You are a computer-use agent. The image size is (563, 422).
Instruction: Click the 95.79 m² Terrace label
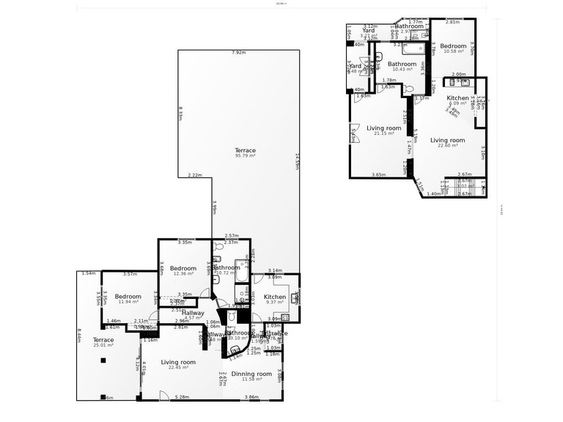click(245, 152)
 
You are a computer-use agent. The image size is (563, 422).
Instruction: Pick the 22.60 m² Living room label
click(448, 142)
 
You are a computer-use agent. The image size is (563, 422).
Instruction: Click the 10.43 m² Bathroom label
click(402, 66)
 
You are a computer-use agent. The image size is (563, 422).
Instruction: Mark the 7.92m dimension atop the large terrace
click(238, 53)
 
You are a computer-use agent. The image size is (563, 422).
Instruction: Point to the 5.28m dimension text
click(181, 397)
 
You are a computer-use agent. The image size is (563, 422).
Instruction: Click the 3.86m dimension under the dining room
click(251, 397)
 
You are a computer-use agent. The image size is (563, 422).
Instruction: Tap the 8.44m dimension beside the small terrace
click(78, 334)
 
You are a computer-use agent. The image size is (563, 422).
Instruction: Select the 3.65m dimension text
click(379, 174)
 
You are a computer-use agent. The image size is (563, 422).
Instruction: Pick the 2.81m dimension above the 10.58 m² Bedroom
click(452, 22)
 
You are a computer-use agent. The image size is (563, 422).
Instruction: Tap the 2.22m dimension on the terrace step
click(194, 175)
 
